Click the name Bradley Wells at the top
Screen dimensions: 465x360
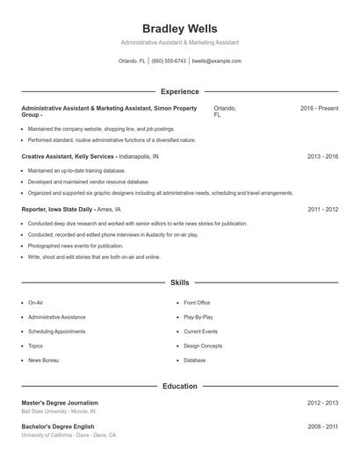(x=179, y=29)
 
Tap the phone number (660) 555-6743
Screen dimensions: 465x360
(x=169, y=61)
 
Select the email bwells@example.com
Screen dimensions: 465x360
(x=216, y=61)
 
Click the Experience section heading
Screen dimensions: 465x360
(x=179, y=91)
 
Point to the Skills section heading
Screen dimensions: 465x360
(x=179, y=283)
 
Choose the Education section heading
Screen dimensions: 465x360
(x=179, y=386)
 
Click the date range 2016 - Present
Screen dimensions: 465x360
(x=319, y=108)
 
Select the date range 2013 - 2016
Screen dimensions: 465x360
(x=322, y=156)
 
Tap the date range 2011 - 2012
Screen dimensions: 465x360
(x=322, y=210)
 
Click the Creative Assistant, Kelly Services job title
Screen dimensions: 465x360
(x=68, y=156)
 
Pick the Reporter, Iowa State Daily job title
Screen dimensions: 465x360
(x=58, y=210)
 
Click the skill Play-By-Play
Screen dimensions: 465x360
(x=198, y=317)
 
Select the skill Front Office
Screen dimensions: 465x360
(x=197, y=303)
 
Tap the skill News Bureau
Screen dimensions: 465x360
(x=43, y=361)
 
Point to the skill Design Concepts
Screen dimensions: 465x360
(x=203, y=346)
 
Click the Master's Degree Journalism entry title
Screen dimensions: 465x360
(x=60, y=403)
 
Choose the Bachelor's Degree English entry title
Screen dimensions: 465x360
(x=58, y=427)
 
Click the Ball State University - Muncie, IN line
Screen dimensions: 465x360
(x=59, y=411)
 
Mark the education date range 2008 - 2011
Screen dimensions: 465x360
(x=322, y=427)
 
